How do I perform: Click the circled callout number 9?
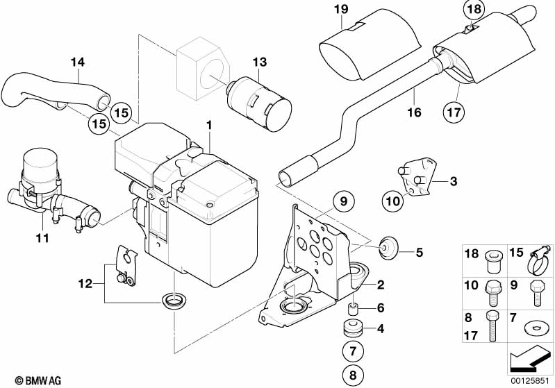pyautogui.click(x=343, y=201)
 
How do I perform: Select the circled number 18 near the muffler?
pyautogui.click(x=474, y=9)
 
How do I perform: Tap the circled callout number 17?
pyautogui.click(x=454, y=112)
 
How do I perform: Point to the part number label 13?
pyautogui.click(x=260, y=62)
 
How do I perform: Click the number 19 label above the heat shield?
pyautogui.click(x=341, y=9)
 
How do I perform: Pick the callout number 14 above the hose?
pyautogui.click(x=78, y=62)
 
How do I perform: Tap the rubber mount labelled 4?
pyautogui.click(x=353, y=328)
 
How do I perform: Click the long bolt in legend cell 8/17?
pyautogui.click(x=492, y=326)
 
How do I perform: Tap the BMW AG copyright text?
pyautogui.click(x=38, y=380)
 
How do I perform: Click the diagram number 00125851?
pyautogui.click(x=530, y=380)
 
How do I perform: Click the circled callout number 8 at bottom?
pyautogui.click(x=353, y=375)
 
